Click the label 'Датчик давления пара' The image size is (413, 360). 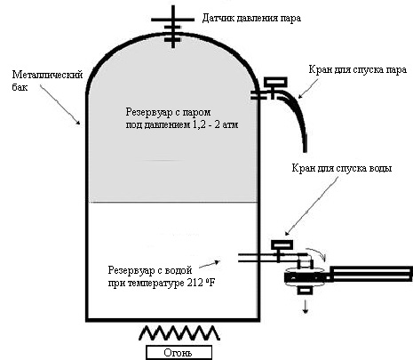click(x=251, y=19)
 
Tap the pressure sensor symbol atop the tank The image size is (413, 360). click(x=173, y=28)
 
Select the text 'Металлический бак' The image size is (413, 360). click(x=47, y=81)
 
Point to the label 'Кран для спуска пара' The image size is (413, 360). click(x=358, y=70)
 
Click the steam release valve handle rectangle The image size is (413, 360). click(x=275, y=82)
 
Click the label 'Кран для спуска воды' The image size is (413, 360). click(x=342, y=168)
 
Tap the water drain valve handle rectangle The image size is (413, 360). click(x=282, y=245)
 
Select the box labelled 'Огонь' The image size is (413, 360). click(x=179, y=353)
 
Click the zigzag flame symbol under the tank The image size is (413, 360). click(x=179, y=332)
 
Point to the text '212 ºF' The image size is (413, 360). click(x=202, y=283)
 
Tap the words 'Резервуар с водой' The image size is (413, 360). click(x=150, y=270)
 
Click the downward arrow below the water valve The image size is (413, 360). click(x=306, y=307)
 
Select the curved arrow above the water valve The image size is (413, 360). click(x=318, y=252)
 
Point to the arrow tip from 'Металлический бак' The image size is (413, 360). click(x=79, y=124)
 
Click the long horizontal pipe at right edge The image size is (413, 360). click(x=371, y=274)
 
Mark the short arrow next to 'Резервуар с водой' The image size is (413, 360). click(x=210, y=265)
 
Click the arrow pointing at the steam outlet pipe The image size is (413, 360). click(x=308, y=88)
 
